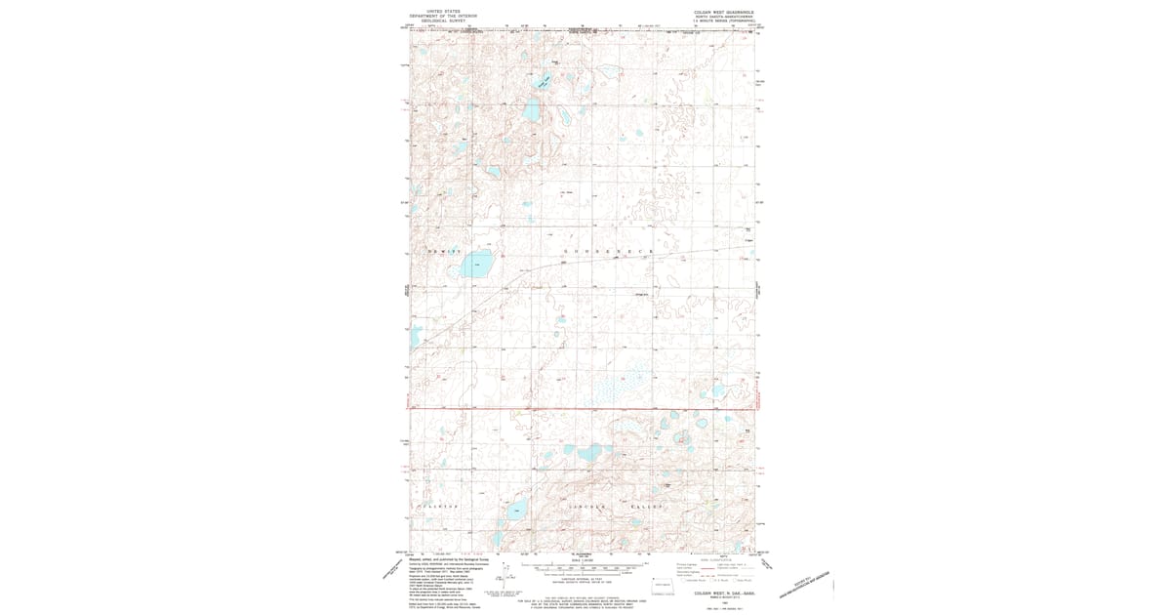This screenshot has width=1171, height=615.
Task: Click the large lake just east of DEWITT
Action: click(477, 263)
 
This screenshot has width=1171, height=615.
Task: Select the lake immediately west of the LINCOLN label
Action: click(515, 509)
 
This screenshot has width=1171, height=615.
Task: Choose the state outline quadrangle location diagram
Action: click(664, 584)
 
